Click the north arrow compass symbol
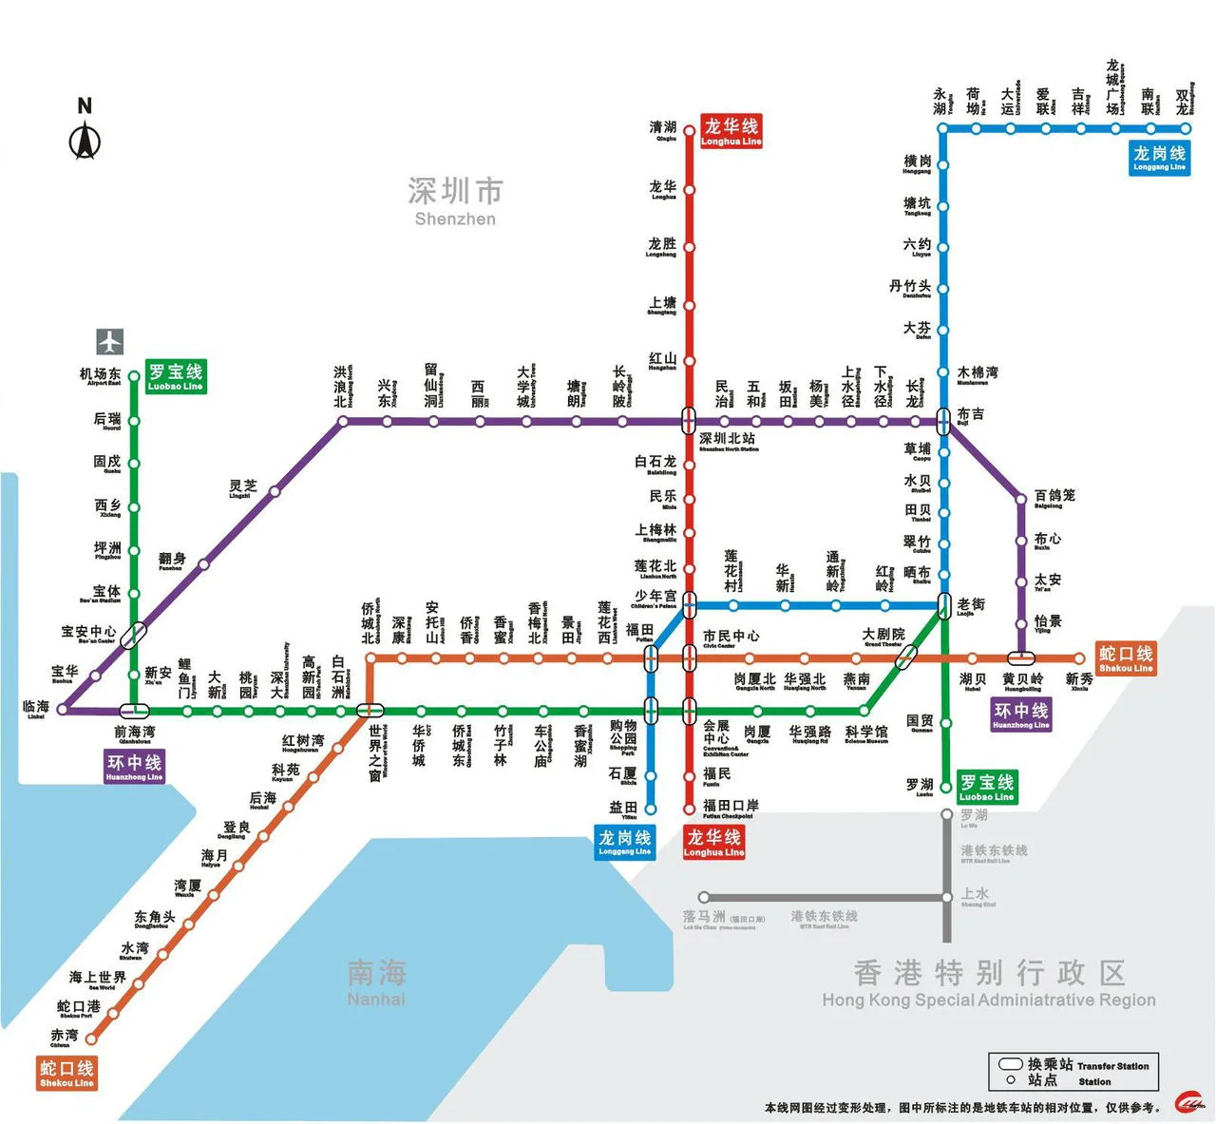pyautogui.click(x=85, y=141)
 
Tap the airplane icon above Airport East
pyautogui.click(x=110, y=341)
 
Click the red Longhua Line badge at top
pyautogui.click(x=731, y=131)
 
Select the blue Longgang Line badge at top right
pyautogui.click(x=1159, y=158)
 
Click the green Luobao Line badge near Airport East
pyautogui.click(x=176, y=376)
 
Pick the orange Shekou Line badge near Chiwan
pyautogui.click(x=66, y=1073)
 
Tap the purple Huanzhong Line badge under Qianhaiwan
pyautogui.click(x=134, y=767)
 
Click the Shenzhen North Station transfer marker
pyautogui.click(x=690, y=419)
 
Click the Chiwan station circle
pyautogui.click(x=91, y=1038)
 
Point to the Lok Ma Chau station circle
pyautogui.click(x=704, y=897)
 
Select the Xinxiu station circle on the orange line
pyautogui.click(x=1080, y=658)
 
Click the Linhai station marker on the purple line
pyautogui.click(x=63, y=709)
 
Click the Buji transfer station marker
pyautogui.click(x=943, y=419)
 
